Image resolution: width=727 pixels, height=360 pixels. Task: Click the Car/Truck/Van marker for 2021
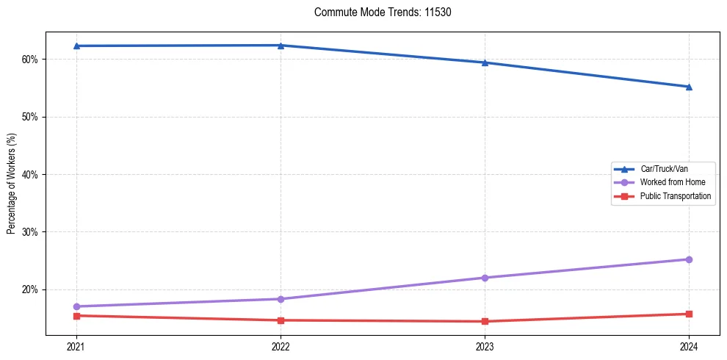point(76,46)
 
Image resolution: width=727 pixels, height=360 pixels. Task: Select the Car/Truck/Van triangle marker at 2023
point(485,62)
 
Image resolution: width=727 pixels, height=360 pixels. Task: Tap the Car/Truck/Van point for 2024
point(689,87)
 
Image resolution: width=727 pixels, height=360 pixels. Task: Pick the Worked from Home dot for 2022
point(281,299)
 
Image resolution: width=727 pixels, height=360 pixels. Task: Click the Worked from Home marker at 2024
point(689,259)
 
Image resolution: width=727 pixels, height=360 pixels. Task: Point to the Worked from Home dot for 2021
point(76,306)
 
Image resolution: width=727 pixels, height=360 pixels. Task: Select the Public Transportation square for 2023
point(485,321)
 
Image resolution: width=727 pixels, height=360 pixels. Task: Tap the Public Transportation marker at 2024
point(689,314)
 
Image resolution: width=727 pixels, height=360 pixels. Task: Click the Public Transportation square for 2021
point(76,316)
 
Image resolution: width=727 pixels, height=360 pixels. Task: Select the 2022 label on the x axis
point(281,346)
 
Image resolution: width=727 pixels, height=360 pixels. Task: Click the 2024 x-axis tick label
point(689,346)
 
